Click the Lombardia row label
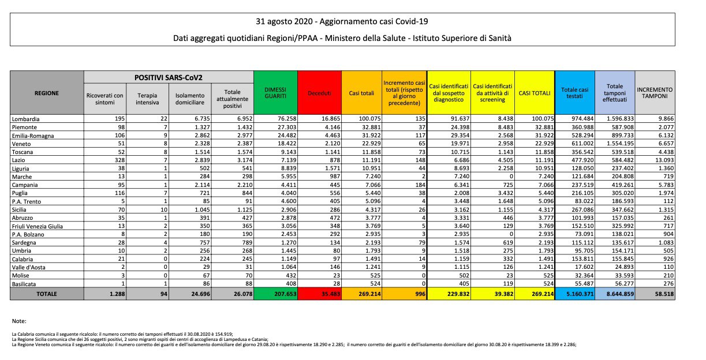[x=26, y=118]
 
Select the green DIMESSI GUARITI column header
[x=275, y=92]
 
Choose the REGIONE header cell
[x=46, y=92]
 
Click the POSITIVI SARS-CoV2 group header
[x=169, y=77]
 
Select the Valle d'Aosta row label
[x=29, y=268]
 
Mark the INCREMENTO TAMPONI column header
[x=655, y=92]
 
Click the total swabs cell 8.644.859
[x=616, y=294]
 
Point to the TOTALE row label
[x=46, y=294]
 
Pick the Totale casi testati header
[x=575, y=92]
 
